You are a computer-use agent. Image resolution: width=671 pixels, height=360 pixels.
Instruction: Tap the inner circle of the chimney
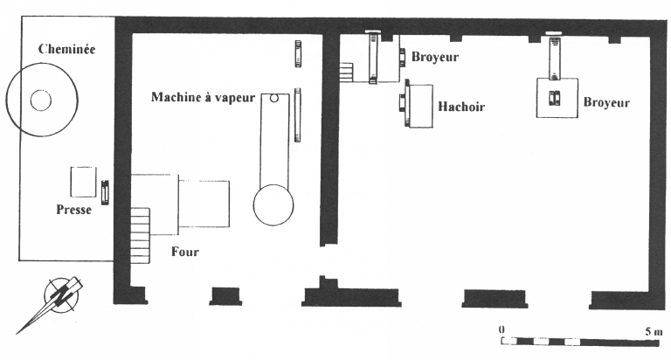(40, 100)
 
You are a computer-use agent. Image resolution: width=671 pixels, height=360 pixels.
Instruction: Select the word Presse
(74, 210)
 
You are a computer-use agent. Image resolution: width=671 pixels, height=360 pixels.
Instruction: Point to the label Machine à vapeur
(203, 97)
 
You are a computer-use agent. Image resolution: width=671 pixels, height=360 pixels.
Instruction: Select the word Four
(185, 253)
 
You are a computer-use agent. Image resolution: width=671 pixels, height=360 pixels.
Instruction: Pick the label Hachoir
(460, 107)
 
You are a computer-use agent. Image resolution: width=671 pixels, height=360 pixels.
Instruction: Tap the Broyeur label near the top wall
(435, 58)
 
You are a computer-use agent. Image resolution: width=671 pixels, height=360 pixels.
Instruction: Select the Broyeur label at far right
(606, 102)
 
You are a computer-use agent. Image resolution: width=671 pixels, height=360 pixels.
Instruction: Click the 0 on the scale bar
(502, 329)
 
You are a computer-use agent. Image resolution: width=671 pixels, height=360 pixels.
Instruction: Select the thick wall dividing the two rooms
(329, 140)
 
